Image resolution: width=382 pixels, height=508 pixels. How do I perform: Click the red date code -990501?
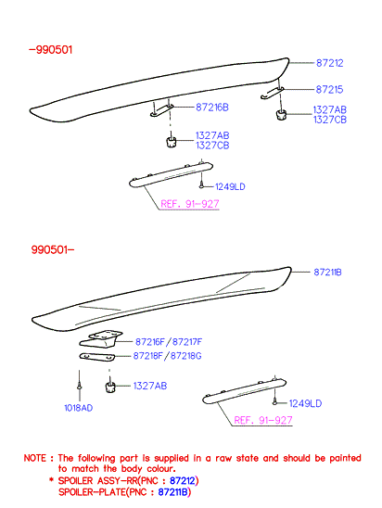click(x=51, y=50)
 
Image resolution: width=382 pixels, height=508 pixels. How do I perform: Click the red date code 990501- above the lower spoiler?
click(x=53, y=249)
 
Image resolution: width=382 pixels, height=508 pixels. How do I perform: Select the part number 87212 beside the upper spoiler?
click(x=329, y=63)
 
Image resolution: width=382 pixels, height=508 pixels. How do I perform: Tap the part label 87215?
click(x=329, y=89)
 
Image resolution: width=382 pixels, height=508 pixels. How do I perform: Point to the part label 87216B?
click(x=212, y=108)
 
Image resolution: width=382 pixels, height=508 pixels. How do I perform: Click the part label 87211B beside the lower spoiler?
click(x=327, y=273)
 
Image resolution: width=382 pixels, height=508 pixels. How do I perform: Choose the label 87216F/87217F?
click(x=169, y=342)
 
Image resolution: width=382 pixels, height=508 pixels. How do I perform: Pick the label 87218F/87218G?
click(x=167, y=356)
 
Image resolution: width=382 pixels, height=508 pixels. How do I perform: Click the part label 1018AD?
click(x=79, y=408)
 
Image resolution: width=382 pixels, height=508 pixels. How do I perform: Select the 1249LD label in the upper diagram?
click(x=230, y=186)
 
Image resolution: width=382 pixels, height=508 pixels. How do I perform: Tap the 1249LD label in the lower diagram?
click(x=305, y=403)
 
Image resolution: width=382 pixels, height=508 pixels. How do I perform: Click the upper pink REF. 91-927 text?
click(x=190, y=204)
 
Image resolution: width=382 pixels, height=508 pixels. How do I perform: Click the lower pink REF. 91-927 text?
click(x=263, y=420)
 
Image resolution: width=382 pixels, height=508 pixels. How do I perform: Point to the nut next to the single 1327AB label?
click(x=110, y=387)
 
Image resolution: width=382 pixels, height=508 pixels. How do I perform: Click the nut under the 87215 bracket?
click(x=281, y=115)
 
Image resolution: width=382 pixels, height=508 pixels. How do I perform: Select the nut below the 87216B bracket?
click(x=171, y=142)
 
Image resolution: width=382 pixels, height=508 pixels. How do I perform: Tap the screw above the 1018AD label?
click(x=79, y=387)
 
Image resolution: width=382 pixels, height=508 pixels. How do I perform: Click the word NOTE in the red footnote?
click(x=35, y=458)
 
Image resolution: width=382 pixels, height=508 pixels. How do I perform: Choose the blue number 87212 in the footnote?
click(x=183, y=480)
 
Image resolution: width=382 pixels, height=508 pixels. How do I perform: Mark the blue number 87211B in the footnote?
click(x=173, y=492)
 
